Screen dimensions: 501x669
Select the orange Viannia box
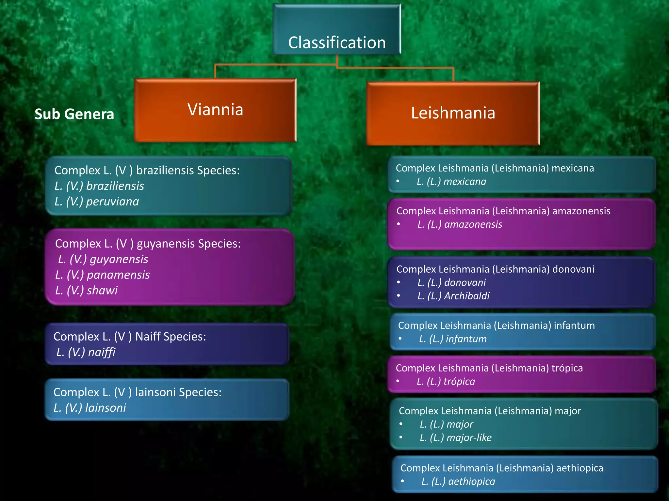[x=215, y=110]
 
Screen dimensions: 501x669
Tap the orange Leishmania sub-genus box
[x=453, y=113]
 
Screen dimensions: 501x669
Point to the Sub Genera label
[x=74, y=114]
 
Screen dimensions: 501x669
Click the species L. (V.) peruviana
[x=97, y=202]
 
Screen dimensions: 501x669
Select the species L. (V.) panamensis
[x=103, y=275]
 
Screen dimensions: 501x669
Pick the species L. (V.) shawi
[x=86, y=290]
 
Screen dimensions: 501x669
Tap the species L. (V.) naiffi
[x=86, y=352]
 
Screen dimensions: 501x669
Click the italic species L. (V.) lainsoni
[x=90, y=408]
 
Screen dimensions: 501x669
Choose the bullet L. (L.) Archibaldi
[x=453, y=296]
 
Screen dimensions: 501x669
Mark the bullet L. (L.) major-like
[x=456, y=437]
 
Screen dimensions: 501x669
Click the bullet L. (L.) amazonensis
[x=460, y=224]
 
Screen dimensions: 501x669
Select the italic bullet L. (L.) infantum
[x=453, y=339]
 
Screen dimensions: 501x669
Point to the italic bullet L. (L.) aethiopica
[x=458, y=481]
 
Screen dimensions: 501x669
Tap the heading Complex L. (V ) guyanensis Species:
[x=148, y=244]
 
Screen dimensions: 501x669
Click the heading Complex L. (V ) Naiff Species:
[x=130, y=337]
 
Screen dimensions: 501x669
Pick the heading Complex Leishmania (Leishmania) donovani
[x=495, y=269]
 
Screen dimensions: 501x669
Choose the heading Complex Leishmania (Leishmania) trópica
[x=489, y=368]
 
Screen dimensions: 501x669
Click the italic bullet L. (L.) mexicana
[x=451, y=181]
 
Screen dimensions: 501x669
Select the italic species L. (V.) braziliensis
[x=99, y=186]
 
